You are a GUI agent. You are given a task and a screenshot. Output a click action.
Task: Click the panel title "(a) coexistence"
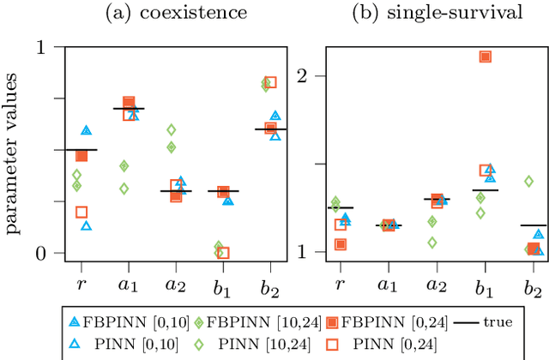point(176,14)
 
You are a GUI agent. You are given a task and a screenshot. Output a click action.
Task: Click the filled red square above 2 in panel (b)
point(486,57)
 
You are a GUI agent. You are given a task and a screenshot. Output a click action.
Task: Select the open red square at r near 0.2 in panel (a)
point(81,212)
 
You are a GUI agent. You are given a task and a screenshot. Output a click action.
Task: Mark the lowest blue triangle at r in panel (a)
point(87,225)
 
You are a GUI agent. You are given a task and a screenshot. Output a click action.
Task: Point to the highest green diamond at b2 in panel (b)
point(528,181)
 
